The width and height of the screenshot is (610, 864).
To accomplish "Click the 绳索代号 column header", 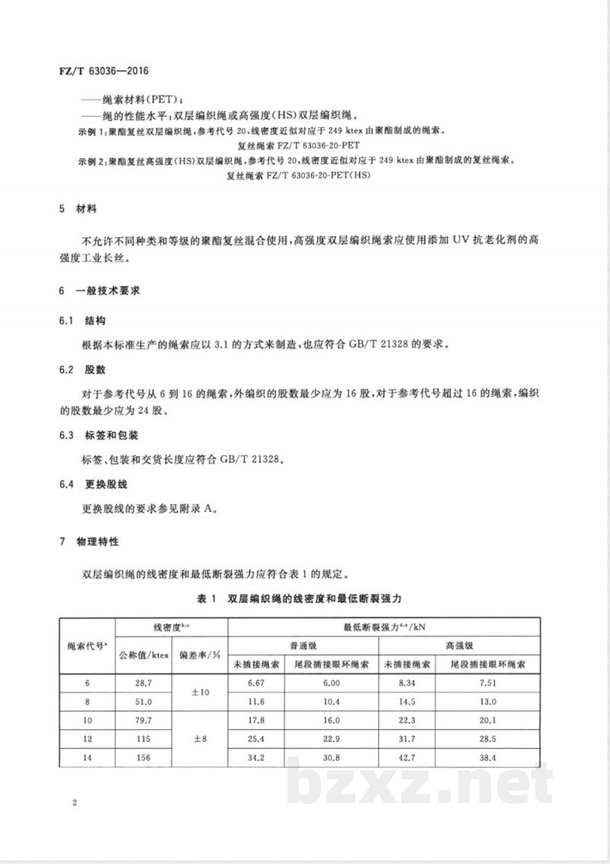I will click(87, 645).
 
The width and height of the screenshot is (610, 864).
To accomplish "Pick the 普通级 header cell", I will click(304, 645).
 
